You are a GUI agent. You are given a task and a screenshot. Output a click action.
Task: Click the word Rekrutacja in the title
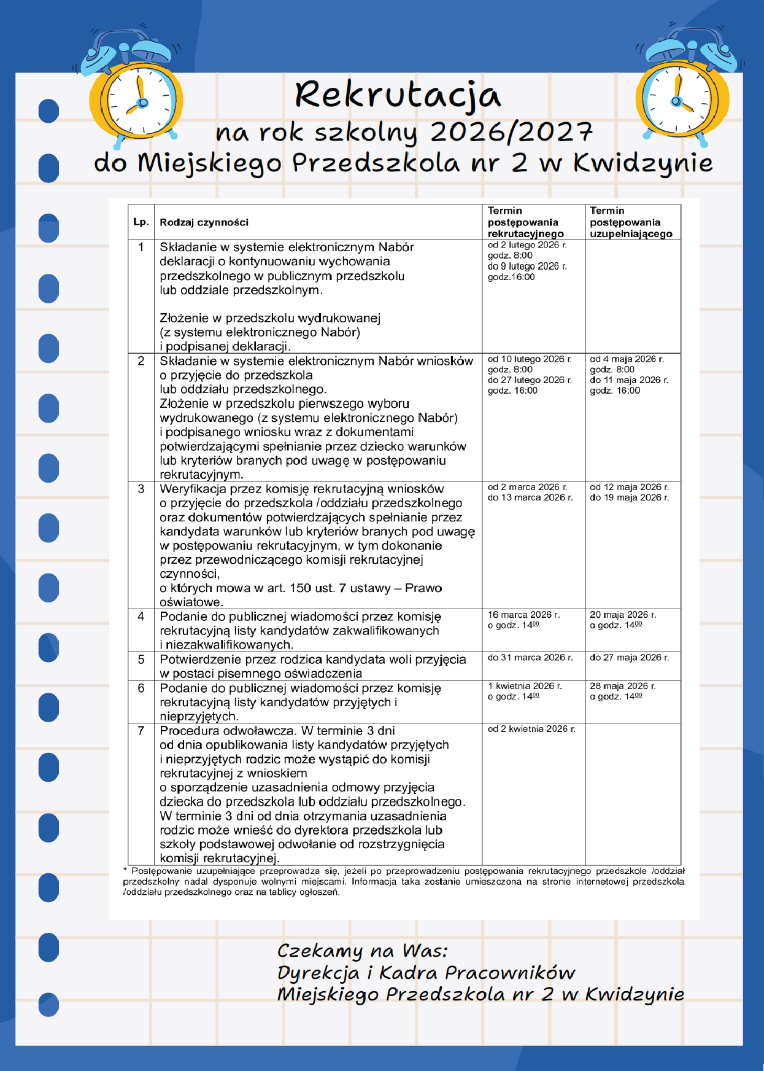tap(398, 96)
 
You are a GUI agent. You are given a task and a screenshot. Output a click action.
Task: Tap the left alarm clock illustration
tap(136, 98)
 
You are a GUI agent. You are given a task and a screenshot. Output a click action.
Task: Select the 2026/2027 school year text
tap(511, 132)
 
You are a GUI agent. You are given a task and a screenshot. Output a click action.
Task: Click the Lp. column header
tap(141, 222)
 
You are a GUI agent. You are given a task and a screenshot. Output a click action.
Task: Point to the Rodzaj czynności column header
tap(204, 222)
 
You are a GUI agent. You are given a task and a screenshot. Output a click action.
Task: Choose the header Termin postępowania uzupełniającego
tap(631, 222)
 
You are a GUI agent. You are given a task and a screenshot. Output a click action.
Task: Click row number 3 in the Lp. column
tap(141, 489)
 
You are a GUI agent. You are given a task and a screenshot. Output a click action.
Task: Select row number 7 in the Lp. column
tap(141, 731)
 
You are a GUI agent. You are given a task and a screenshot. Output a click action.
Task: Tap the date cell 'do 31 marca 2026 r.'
tap(530, 658)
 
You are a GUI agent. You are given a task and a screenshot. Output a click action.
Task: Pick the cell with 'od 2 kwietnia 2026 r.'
tap(531, 729)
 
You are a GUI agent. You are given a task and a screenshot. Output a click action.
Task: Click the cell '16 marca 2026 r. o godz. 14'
tap(523, 620)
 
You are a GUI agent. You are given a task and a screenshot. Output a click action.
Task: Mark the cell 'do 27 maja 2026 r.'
tap(630, 658)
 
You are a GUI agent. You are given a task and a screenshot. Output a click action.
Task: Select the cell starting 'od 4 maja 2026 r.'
tap(629, 375)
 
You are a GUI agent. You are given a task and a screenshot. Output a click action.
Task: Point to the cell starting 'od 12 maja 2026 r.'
tap(630, 492)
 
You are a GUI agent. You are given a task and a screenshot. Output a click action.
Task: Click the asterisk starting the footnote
tap(125, 871)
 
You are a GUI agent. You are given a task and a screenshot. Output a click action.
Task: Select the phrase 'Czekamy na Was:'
tap(362, 951)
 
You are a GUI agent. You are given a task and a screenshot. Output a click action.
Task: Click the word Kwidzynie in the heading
tap(642, 163)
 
